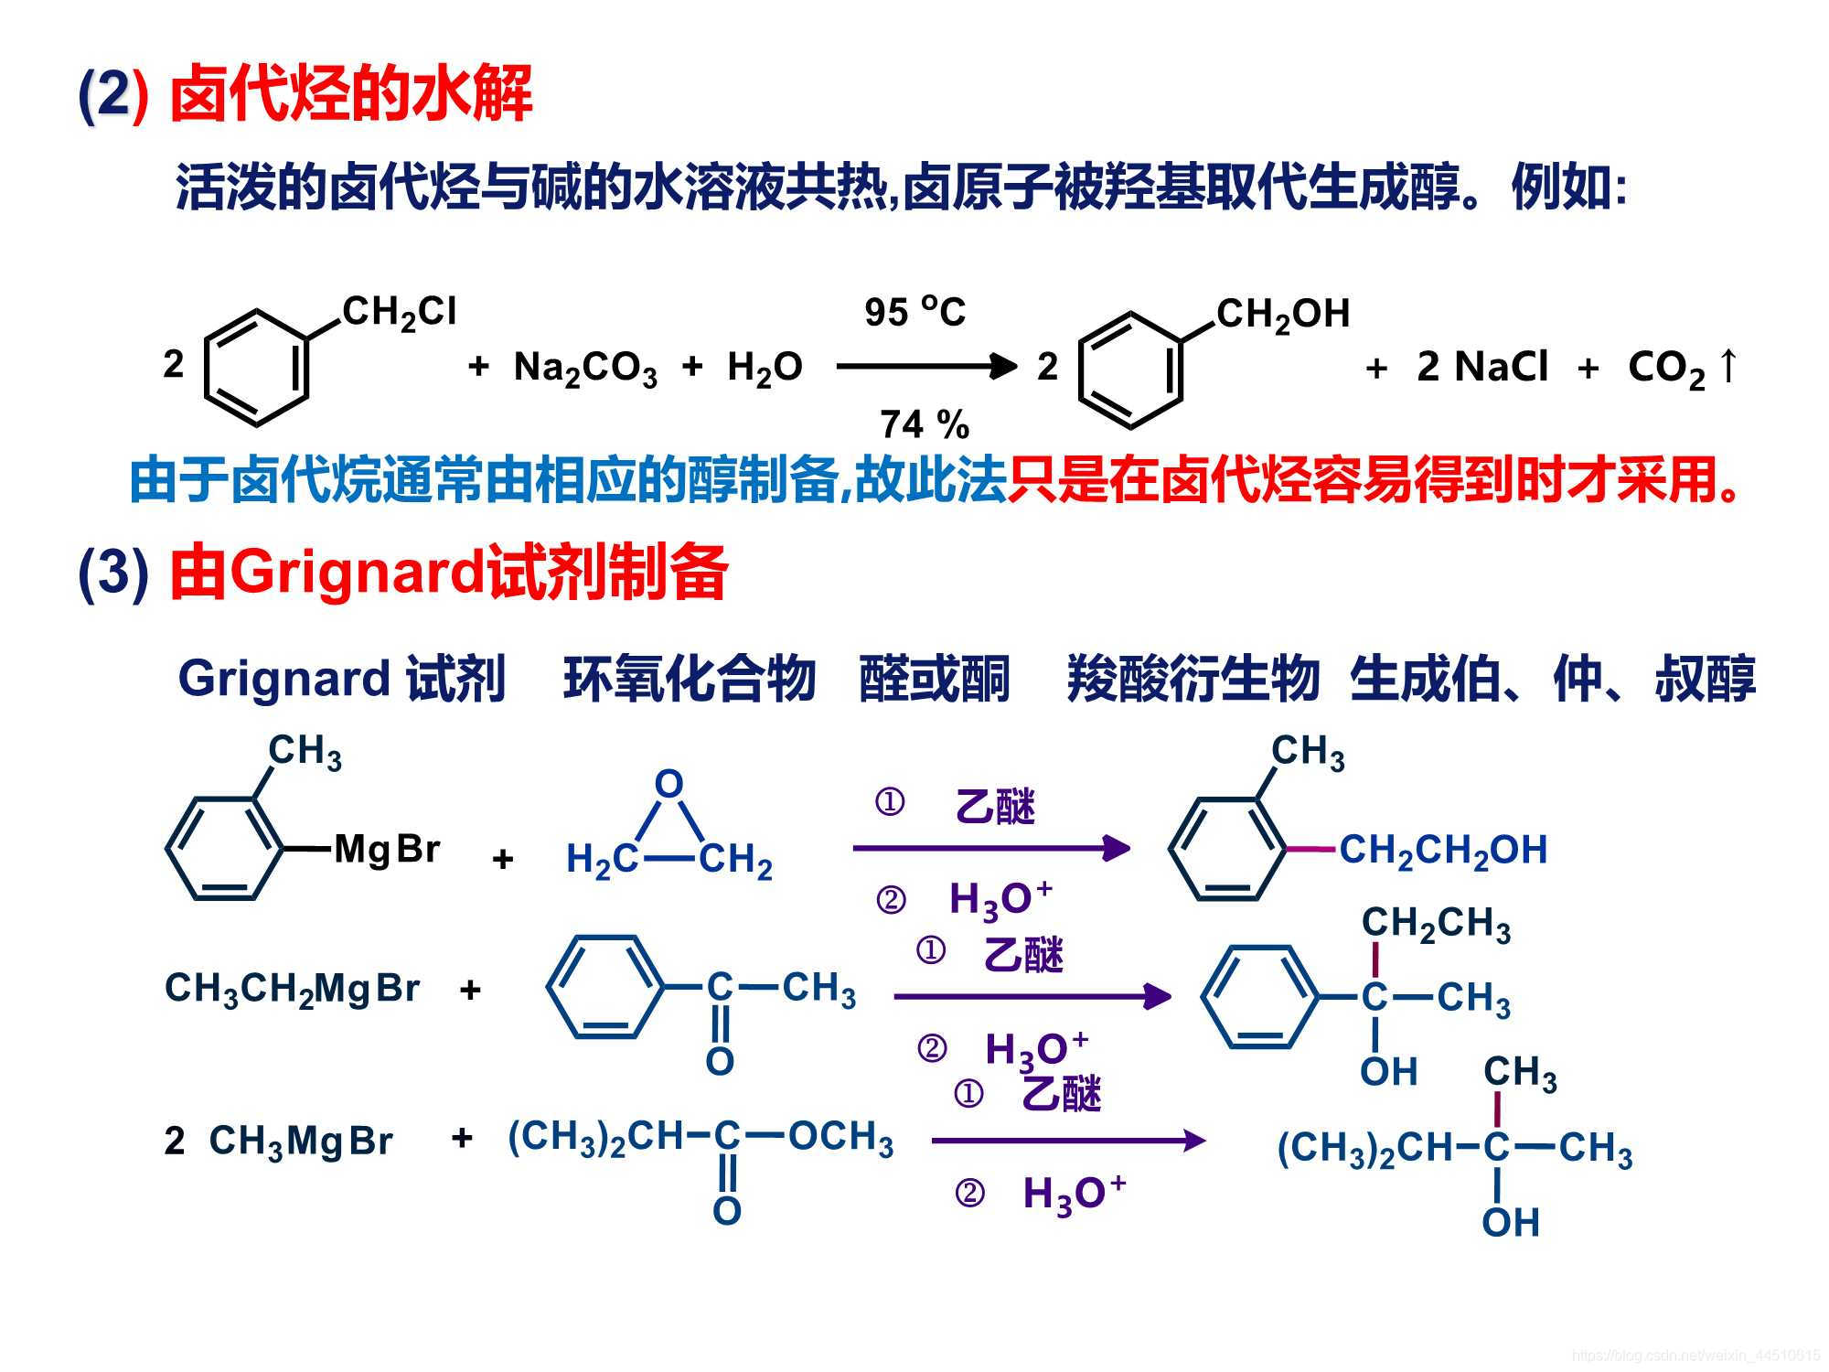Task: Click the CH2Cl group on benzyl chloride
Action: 399,313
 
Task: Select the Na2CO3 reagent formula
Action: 585,368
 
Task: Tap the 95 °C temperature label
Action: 914,313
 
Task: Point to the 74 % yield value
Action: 924,424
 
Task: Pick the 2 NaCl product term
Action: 1481,368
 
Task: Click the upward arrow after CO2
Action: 1727,366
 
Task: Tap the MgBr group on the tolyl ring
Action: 387,850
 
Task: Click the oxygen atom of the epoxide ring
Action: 668,785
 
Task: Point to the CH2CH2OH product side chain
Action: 1443,851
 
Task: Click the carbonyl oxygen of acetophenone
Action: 720,1062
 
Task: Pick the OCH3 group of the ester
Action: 840,1138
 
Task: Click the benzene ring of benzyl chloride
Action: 256,368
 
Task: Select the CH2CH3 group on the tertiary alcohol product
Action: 1435,924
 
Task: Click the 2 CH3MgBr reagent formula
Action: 278,1142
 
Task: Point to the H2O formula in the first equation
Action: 765,368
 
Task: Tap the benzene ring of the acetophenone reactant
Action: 604,988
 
